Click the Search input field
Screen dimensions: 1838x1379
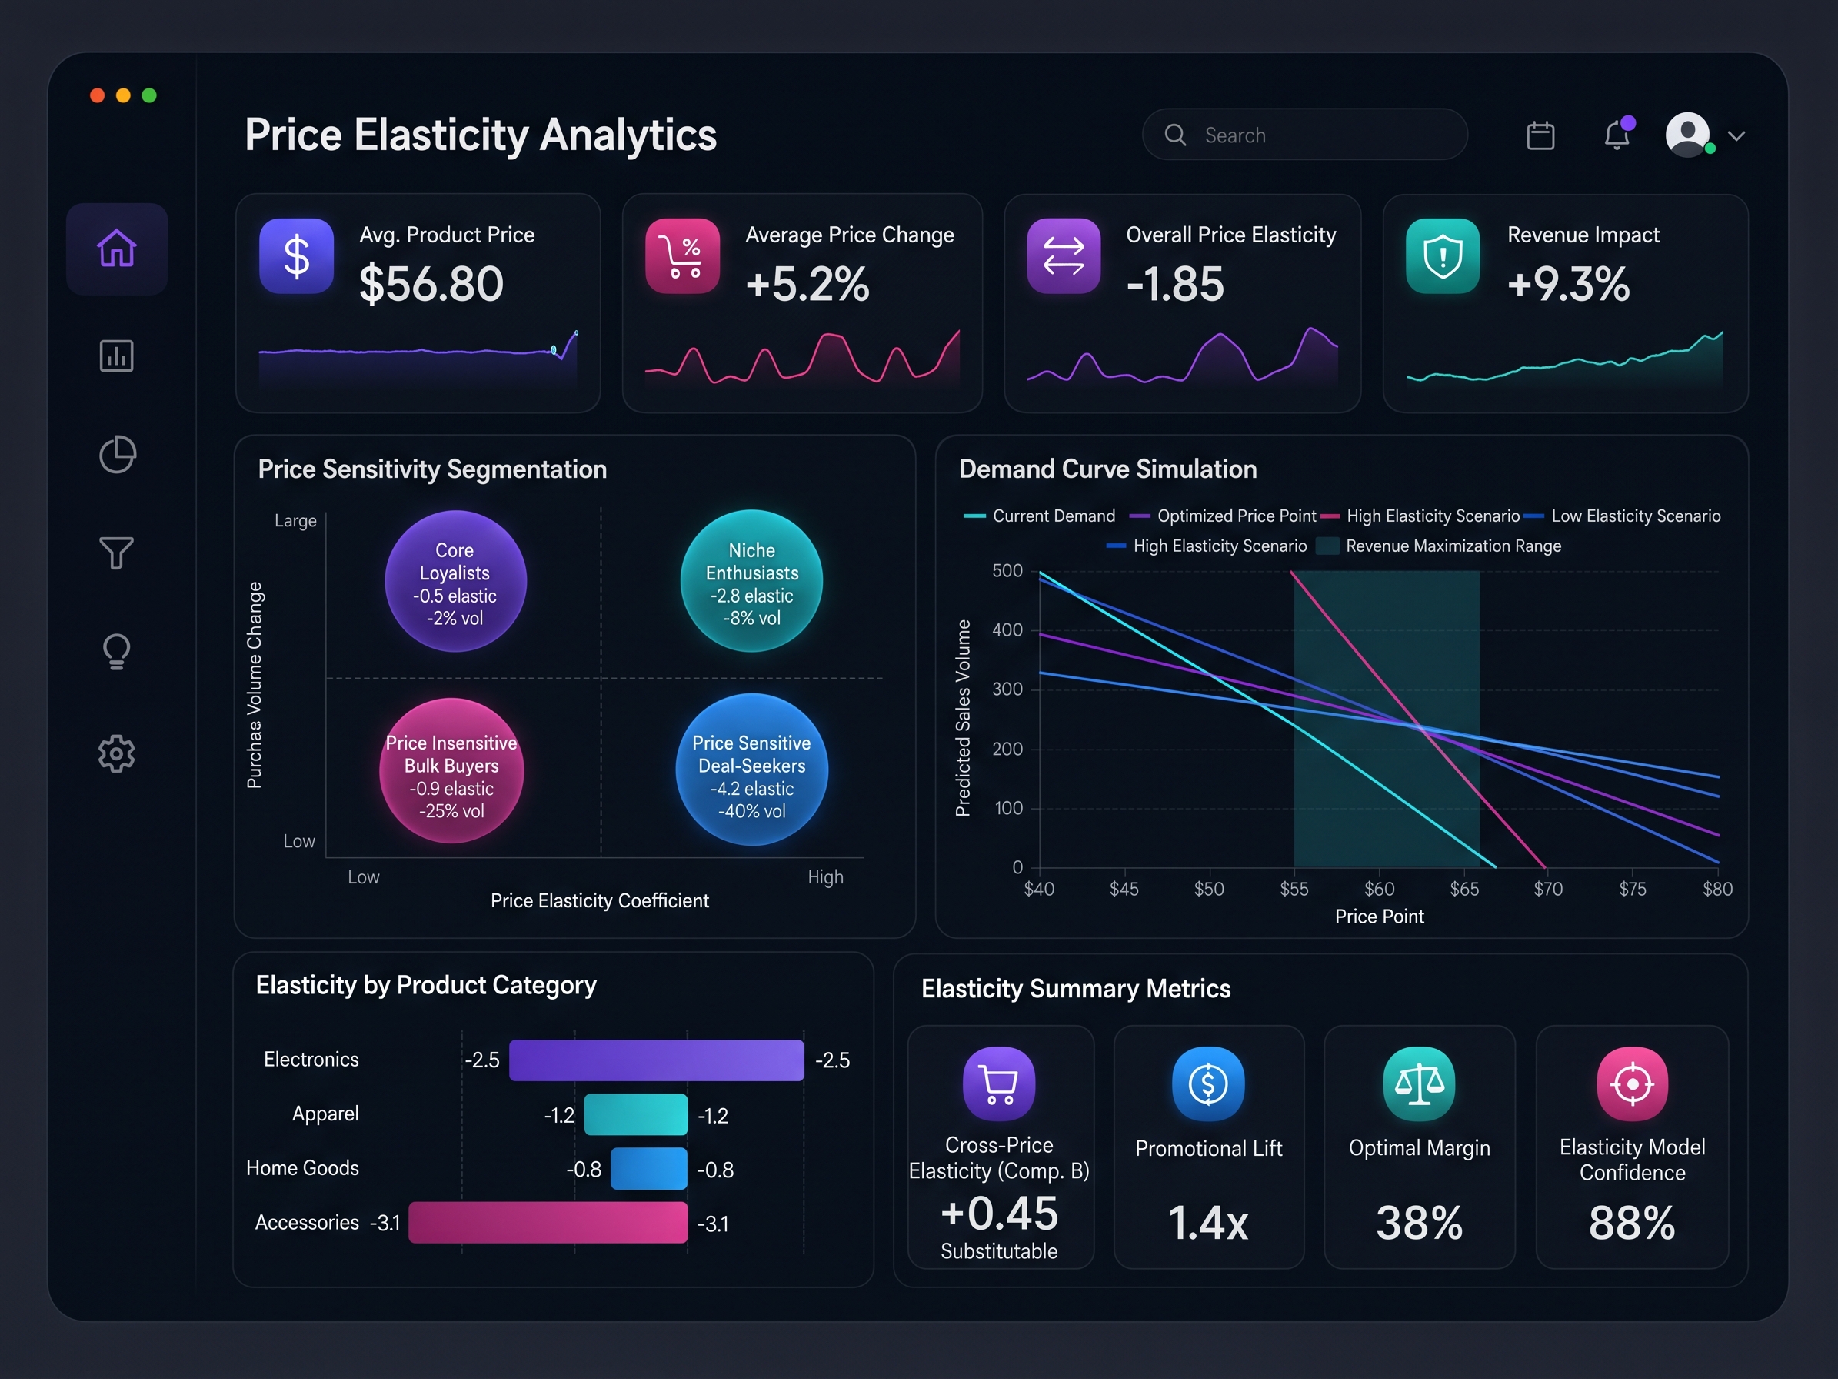(1304, 135)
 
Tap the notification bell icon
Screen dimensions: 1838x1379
(1617, 134)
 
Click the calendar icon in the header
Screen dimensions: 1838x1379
(1540, 135)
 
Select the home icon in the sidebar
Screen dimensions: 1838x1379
(117, 248)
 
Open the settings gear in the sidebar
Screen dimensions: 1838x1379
(116, 753)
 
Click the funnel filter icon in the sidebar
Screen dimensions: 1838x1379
(116, 553)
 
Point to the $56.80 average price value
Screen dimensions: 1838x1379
(431, 283)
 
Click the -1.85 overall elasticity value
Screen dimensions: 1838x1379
(1175, 283)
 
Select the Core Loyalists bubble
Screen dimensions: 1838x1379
(455, 581)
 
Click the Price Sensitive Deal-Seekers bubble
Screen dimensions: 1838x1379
(752, 770)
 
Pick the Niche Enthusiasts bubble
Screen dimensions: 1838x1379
(752, 581)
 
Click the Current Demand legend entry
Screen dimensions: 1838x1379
(1040, 516)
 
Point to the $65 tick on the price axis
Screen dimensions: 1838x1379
(1464, 890)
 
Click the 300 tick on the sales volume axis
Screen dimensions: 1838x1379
(1008, 689)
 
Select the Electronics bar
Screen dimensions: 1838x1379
(657, 1060)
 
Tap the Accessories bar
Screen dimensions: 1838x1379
(548, 1223)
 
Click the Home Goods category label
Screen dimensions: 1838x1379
(302, 1168)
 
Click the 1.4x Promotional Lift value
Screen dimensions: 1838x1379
(1208, 1223)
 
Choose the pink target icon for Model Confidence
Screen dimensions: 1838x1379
(1632, 1084)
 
